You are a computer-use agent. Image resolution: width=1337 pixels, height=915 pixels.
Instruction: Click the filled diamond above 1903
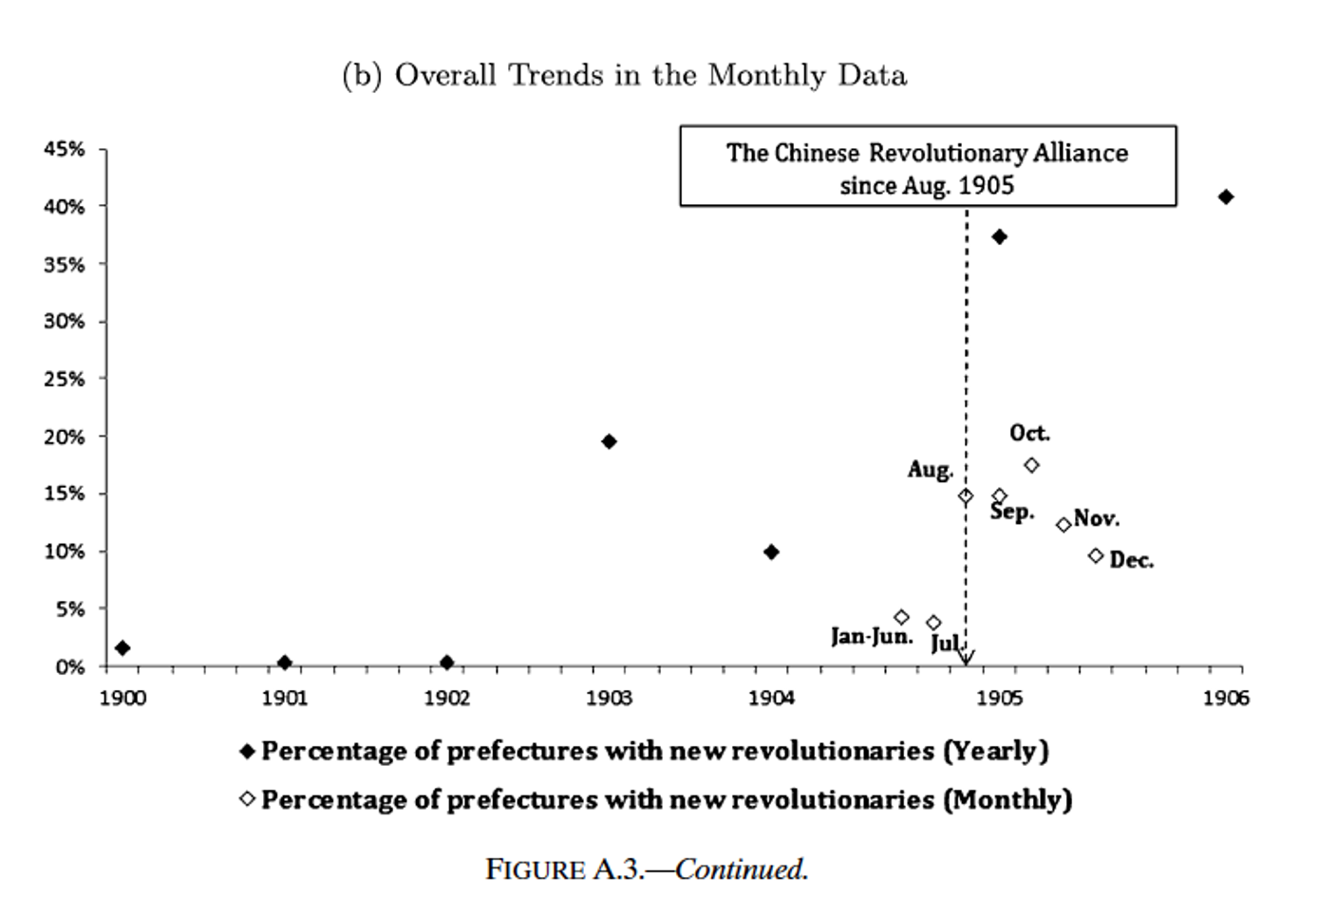tap(609, 441)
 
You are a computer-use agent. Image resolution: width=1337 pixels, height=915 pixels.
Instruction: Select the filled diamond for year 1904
tap(771, 551)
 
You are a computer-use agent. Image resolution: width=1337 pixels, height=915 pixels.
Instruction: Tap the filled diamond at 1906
tap(1226, 196)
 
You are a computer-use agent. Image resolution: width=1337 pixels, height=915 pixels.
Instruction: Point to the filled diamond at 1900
tap(122, 647)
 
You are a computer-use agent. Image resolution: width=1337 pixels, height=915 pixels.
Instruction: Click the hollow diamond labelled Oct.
tap(1031, 465)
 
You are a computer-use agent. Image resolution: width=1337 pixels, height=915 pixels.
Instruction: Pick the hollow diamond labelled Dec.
tap(1096, 555)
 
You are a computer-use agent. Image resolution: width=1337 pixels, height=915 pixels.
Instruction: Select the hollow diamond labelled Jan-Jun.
tap(901, 617)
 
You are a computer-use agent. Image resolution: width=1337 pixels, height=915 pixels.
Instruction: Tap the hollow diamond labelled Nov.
tap(1064, 525)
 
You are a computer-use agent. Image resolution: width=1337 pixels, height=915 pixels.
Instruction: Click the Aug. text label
tap(930, 470)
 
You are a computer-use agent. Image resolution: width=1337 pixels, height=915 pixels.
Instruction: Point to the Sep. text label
tap(1012, 513)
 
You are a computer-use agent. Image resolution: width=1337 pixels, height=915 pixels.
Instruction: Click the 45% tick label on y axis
tap(64, 149)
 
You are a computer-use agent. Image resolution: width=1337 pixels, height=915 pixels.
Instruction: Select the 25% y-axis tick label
tap(64, 380)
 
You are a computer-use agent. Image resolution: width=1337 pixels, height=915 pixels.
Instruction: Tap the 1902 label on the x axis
tap(446, 700)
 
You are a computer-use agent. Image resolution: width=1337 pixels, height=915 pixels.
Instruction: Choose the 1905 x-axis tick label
tap(998, 700)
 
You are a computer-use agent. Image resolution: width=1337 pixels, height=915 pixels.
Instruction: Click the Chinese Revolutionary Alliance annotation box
tap(928, 167)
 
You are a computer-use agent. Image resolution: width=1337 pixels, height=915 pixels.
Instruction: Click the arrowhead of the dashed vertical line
tap(966, 657)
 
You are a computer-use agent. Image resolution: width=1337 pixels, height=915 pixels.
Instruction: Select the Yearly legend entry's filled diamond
tap(248, 752)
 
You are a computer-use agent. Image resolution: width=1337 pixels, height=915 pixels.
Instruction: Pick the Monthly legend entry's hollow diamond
tap(248, 799)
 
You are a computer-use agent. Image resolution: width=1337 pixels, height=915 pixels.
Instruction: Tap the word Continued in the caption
tap(741, 869)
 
